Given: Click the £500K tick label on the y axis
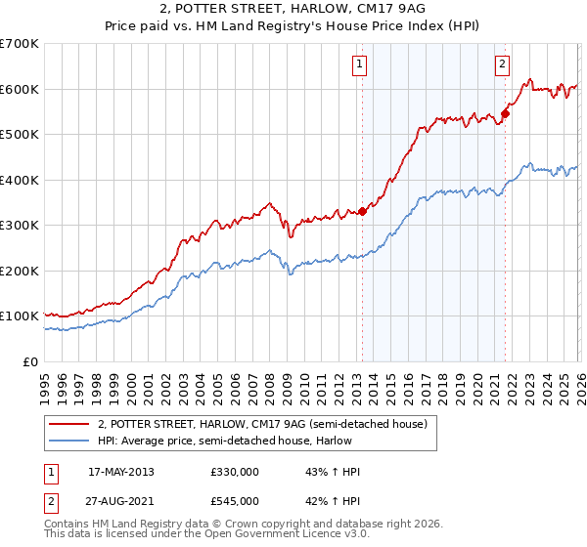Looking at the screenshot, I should point(20,135).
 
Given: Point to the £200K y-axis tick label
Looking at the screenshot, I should point(20,271).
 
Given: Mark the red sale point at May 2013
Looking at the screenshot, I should point(362,211).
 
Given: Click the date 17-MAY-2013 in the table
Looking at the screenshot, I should point(120,472).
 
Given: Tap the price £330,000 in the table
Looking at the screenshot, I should point(234,472).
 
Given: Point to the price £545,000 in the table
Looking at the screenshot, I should point(234,500).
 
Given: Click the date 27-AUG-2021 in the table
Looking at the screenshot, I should point(120,500).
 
